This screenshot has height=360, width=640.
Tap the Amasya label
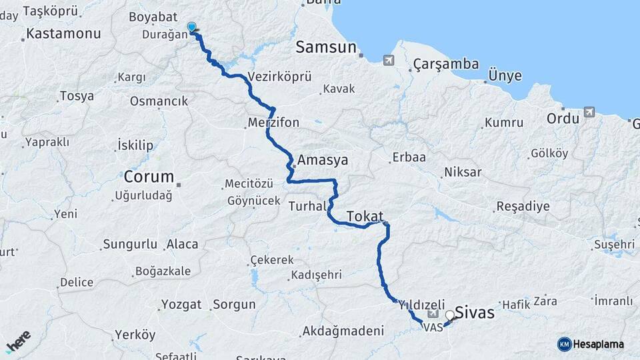(x=323, y=161)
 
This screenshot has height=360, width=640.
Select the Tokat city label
(x=365, y=216)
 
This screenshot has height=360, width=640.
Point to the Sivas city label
(x=475, y=311)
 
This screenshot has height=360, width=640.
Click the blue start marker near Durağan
(x=192, y=27)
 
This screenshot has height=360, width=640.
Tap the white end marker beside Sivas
(x=450, y=315)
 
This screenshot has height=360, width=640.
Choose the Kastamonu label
(x=64, y=33)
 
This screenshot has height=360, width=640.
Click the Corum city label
(x=149, y=177)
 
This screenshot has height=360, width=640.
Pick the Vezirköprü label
(x=279, y=77)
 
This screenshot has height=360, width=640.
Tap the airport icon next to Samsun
(x=389, y=61)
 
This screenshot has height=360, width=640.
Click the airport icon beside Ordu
(x=589, y=112)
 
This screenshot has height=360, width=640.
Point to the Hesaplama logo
(x=591, y=344)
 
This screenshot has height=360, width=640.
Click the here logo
(x=19, y=341)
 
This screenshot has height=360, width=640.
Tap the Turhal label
(x=306, y=207)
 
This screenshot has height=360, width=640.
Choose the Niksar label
(x=461, y=172)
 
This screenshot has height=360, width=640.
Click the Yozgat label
(x=181, y=305)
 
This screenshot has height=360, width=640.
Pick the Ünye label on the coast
(x=505, y=75)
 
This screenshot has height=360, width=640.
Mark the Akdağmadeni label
(x=343, y=331)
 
